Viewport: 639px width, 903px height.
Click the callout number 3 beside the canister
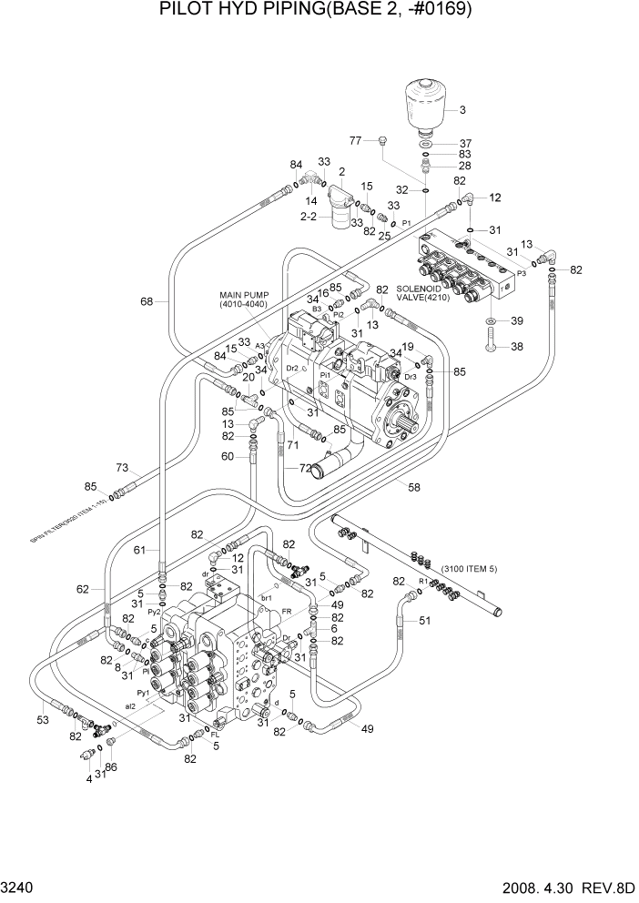tap(461, 110)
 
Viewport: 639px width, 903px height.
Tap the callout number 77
tap(357, 140)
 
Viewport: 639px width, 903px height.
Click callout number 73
tap(122, 468)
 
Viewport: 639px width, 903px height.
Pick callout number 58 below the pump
tap(413, 488)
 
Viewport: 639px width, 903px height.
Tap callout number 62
tap(83, 590)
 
